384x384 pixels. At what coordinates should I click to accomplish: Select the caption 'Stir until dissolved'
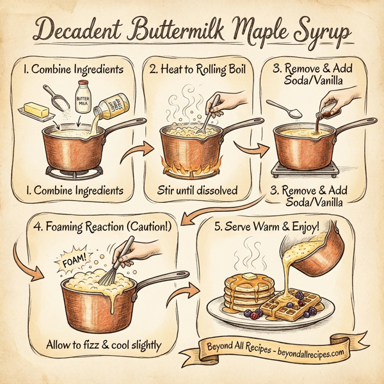coord(191,190)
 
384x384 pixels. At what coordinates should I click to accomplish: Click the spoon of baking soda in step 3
coord(278,109)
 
